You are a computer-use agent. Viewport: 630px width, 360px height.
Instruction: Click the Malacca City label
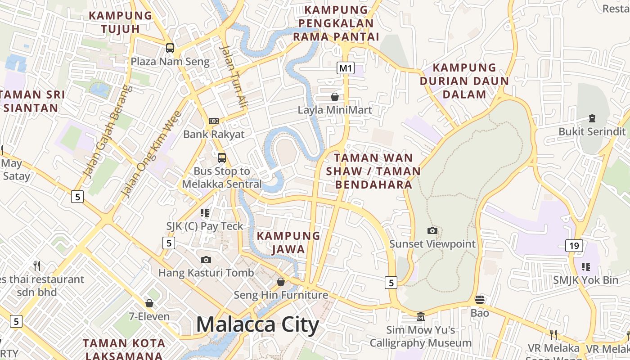(257, 325)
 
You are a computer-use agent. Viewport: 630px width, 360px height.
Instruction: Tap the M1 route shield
(346, 68)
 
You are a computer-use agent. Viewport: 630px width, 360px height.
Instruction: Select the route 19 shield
(574, 246)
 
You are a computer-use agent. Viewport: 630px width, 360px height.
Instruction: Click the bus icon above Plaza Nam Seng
(170, 48)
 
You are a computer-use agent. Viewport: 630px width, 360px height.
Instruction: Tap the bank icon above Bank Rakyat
(214, 121)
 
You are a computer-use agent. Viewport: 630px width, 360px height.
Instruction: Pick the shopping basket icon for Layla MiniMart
(335, 97)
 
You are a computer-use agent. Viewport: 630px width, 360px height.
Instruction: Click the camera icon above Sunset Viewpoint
(432, 231)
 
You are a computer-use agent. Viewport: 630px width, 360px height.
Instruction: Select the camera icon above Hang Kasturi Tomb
(206, 260)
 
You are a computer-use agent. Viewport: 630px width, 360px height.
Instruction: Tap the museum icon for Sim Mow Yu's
(421, 317)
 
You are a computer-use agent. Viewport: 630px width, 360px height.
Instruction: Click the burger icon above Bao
(480, 300)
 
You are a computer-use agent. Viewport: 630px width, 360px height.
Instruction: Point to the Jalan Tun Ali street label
(234, 76)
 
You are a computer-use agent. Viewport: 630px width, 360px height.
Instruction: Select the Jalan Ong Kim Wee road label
(151, 154)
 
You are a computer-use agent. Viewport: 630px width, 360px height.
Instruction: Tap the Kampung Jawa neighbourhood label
(288, 242)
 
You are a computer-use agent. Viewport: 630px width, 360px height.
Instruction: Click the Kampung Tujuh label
(121, 22)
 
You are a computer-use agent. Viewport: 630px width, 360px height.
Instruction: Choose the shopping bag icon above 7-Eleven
(149, 303)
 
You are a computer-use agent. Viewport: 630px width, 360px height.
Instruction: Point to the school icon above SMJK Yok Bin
(585, 267)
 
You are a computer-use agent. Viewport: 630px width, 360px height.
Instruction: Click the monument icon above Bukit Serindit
(592, 118)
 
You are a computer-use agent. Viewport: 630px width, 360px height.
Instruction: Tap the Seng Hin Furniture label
(281, 295)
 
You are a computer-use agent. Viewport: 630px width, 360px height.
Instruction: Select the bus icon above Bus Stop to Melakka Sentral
(222, 158)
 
